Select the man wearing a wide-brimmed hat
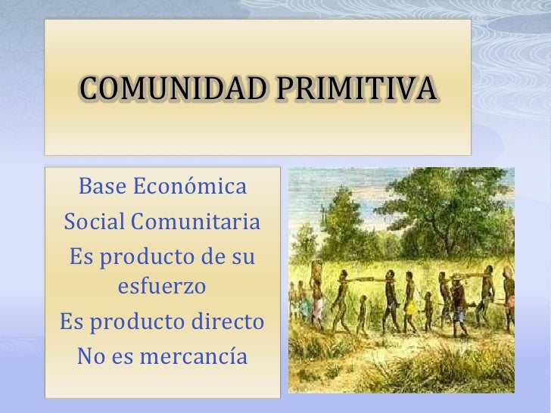(x=457, y=299)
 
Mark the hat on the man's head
(x=457, y=278)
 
